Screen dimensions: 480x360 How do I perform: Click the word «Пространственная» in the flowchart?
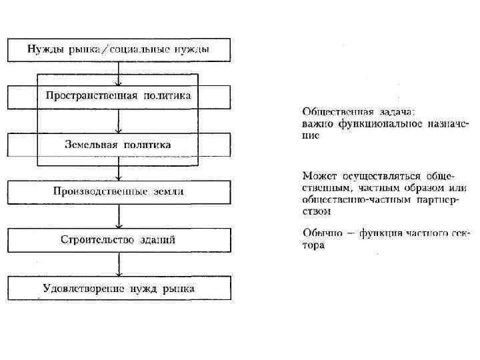click(x=91, y=95)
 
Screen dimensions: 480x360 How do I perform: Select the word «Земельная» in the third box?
click(x=92, y=144)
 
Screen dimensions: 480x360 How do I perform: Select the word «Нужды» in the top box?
click(x=43, y=49)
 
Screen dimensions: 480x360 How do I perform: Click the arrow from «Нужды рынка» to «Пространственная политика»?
click(x=119, y=73)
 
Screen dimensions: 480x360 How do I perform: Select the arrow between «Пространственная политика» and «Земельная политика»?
click(x=119, y=121)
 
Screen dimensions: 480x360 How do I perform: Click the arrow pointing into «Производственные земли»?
click(x=119, y=169)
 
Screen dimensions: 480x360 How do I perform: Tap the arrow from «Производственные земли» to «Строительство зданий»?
click(x=119, y=217)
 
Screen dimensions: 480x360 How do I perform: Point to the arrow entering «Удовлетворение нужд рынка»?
click(x=119, y=265)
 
